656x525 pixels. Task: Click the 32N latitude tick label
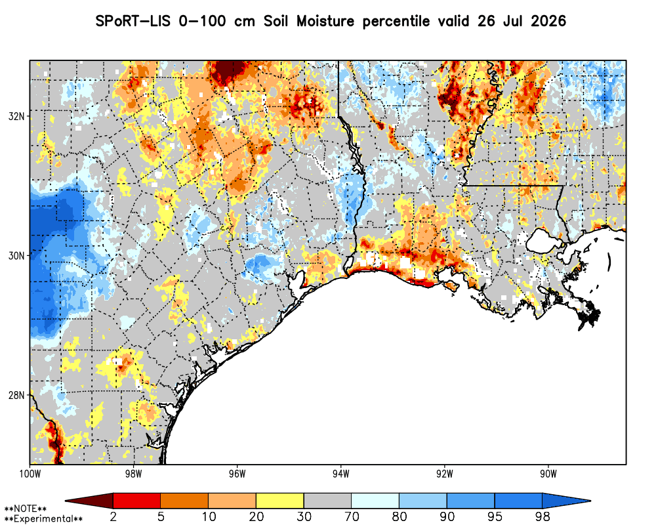16,116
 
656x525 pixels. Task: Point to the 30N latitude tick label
16,255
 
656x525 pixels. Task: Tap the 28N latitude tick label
16,395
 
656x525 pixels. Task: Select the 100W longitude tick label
30,474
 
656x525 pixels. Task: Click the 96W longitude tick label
237,474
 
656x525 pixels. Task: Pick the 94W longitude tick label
341,474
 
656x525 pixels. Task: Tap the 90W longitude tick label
548,474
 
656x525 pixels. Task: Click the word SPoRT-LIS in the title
133,21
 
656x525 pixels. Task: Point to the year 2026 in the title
548,21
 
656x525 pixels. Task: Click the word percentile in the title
396,22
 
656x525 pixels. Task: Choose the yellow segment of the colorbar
280,501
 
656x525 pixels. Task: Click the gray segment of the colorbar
327,501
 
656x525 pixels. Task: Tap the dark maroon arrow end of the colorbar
92,501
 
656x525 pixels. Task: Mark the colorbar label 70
352,516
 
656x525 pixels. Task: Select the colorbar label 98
543,516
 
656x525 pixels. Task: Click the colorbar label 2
113,516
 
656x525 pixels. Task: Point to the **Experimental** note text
43,519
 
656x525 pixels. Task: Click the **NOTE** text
26,509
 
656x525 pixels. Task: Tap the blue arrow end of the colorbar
565,501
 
